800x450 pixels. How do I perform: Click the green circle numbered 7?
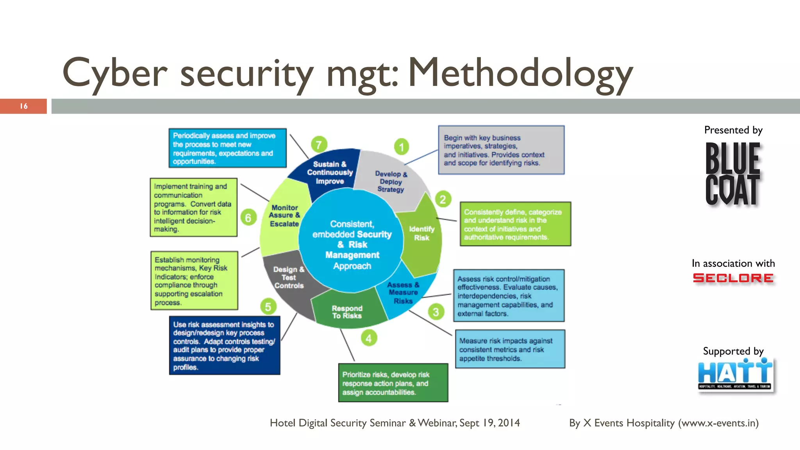pos(319,145)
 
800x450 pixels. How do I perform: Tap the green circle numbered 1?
pos(401,147)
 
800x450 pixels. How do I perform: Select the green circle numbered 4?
pos(369,338)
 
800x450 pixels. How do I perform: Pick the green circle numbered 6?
pos(248,218)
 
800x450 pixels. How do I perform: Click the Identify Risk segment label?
pos(421,233)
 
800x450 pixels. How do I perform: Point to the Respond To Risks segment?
pos(347,312)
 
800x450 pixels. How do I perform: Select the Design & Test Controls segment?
pos(288,278)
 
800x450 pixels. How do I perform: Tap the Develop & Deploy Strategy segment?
pos(391,182)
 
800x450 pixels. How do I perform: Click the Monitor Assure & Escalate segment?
pos(284,216)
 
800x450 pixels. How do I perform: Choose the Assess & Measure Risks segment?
pos(403,293)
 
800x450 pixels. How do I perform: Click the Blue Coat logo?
pos(732,174)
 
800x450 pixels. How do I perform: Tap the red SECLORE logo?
pos(733,278)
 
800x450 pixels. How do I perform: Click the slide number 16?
pos(23,106)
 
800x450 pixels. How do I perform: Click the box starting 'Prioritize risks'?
pos(393,383)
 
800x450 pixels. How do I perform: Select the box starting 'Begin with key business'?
pos(501,150)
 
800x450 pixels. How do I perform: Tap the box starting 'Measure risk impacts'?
pos(510,349)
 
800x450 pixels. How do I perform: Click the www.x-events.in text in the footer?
pos(718,423)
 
